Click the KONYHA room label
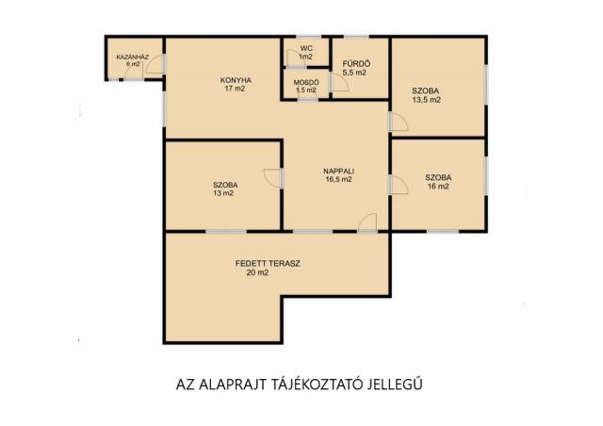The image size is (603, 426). click(x=236, y=80)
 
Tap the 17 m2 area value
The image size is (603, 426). click(x=235, y=89)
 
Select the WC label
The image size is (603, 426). click(x=306, y=48)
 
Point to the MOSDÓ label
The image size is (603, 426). click(x=306, y=82)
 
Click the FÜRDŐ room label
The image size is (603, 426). click(x=356, y=64)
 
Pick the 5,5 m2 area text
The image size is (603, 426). click(x=354, y=73)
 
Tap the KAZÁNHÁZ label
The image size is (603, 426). click(x=133, y=57)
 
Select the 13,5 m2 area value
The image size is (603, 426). click(x=426, y=100)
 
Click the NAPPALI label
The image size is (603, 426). click(x=339, y=171)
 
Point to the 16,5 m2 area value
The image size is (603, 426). click(x=339, y=179)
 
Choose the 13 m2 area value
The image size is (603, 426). click(x=223, y=193)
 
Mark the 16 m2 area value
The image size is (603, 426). click(x=438, y=187)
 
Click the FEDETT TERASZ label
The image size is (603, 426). click(x=268, y=264)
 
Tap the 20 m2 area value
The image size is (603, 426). click(x=257, y=273)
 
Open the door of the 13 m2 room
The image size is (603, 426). click(x=273, y=178)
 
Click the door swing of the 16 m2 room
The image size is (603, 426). click(x=399, y=185)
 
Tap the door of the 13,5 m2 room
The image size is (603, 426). click(x=399, y=122)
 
